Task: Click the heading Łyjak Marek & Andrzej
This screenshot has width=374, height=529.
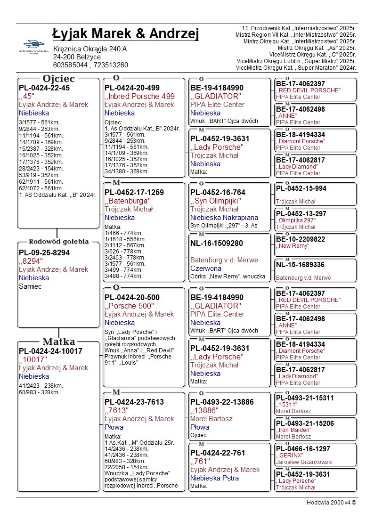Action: coord(126,34)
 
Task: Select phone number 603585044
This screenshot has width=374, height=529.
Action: coord(70,65)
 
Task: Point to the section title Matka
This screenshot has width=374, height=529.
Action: coord(59,342)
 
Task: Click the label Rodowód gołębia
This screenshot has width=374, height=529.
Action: coord(59,242)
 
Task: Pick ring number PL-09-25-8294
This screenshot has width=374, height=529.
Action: coord(44,253)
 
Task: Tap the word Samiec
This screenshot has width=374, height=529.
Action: coord(30,286)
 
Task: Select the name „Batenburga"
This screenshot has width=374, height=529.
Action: coord(128,201)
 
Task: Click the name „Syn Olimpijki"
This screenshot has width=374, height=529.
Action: coord(216,201)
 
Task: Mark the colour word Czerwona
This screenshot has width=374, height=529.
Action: coord(206,269)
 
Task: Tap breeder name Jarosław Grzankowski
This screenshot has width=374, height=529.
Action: coord(304,462)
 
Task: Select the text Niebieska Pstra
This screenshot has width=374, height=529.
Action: coord(214,478)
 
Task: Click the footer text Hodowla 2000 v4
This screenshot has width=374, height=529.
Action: coord(331,503)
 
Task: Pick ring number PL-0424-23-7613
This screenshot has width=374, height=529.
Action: coord(134,402)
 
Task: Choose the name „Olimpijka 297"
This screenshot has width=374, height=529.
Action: coord(295,220)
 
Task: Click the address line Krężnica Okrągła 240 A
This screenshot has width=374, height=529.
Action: coord(90,49)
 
